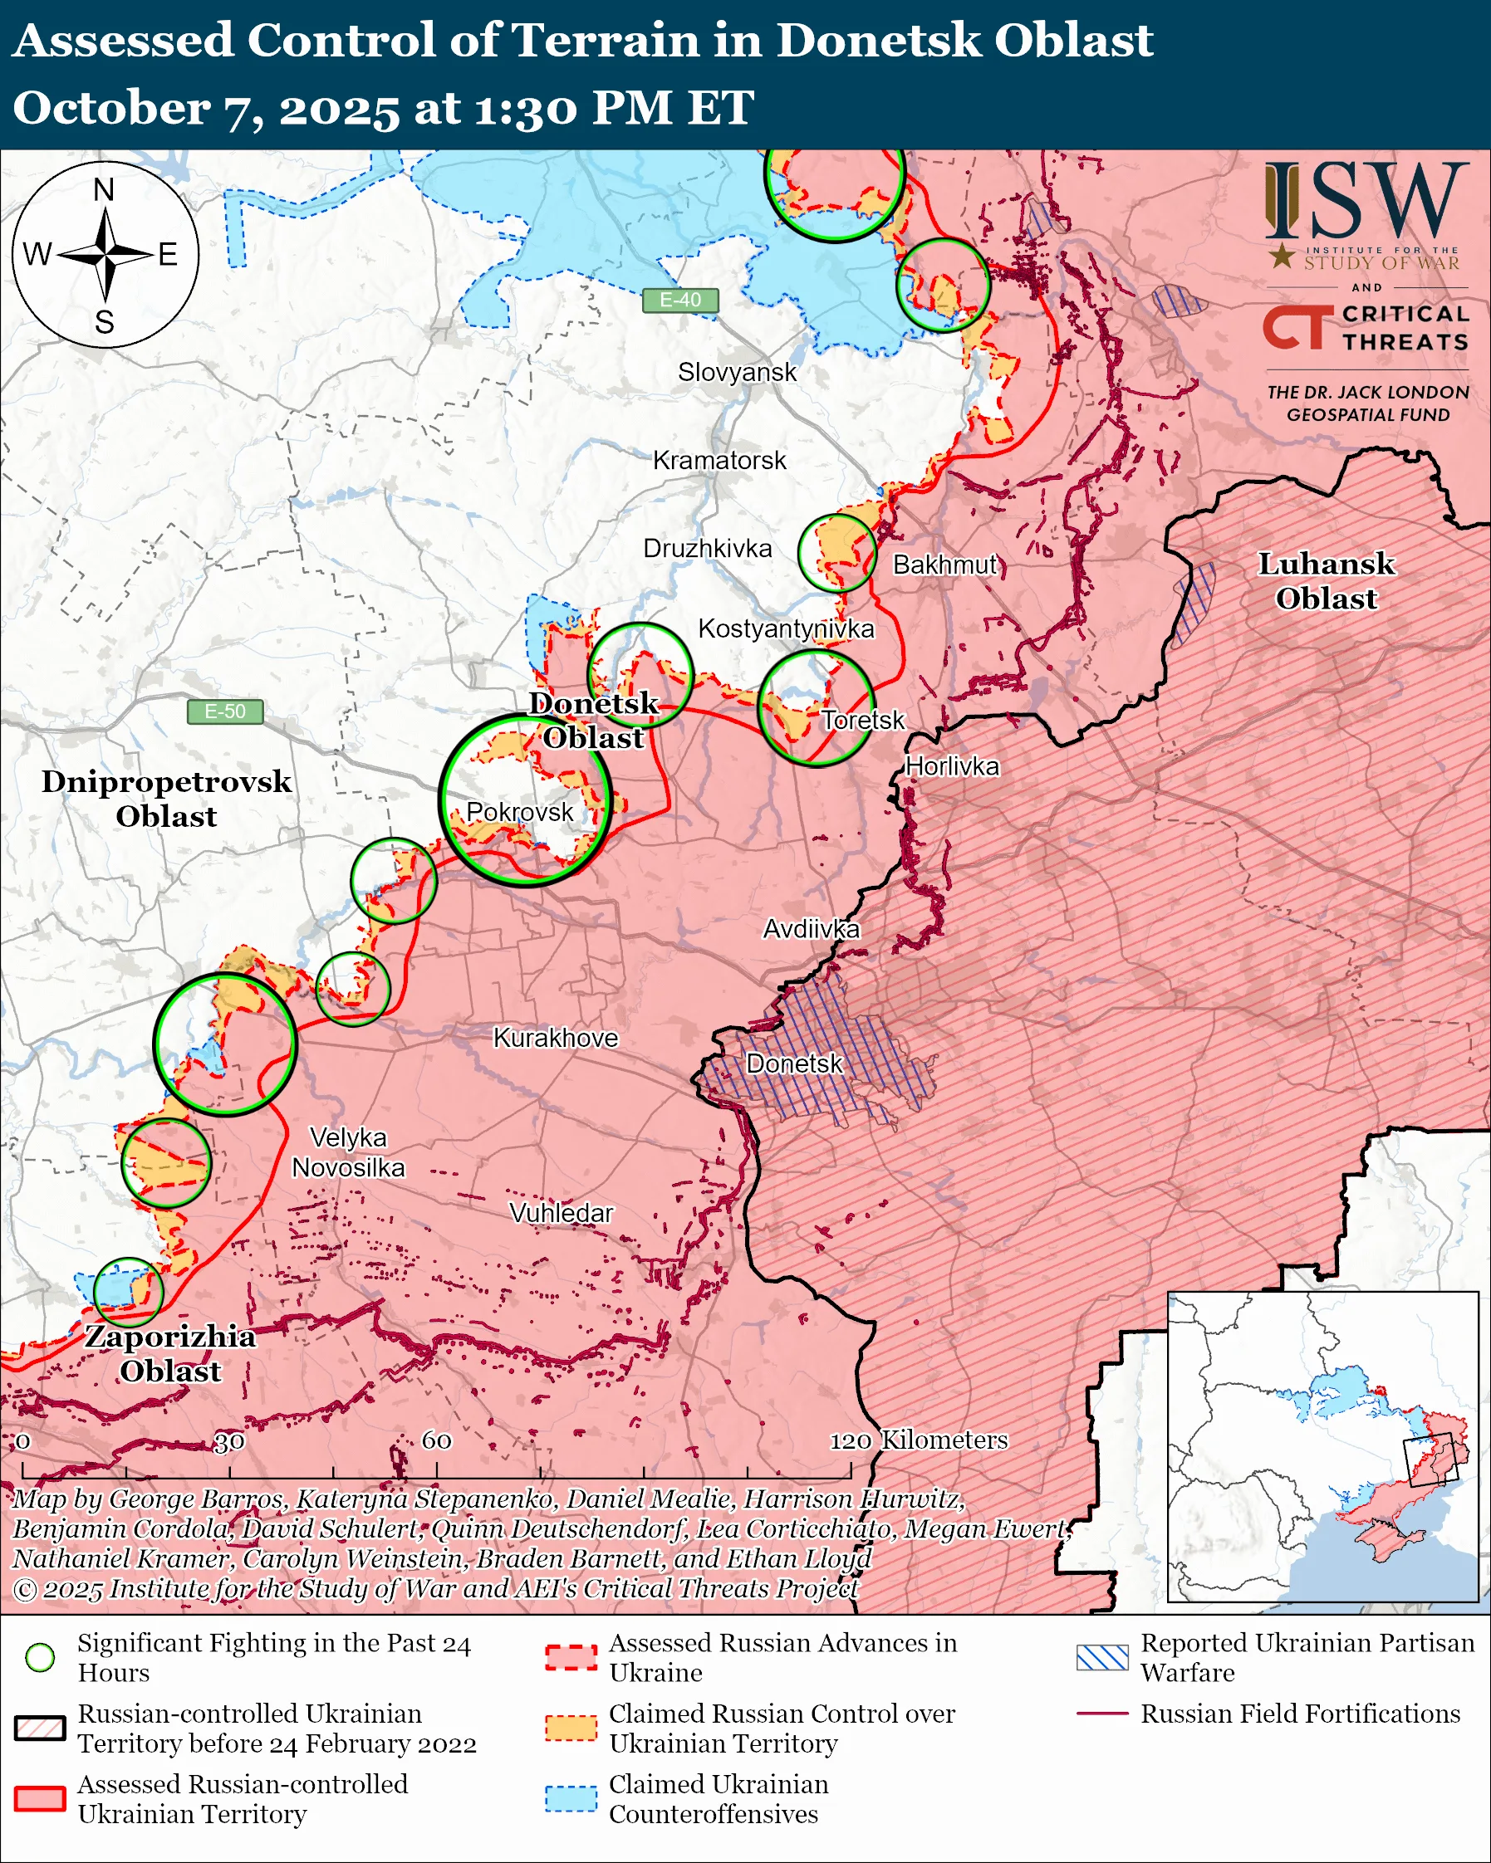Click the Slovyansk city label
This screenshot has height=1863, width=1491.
tap(737, 373)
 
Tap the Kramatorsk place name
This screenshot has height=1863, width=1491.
tap(719, 461)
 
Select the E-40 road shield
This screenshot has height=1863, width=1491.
tap(680, 300)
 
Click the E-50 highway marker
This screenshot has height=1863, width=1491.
tap(225, 711)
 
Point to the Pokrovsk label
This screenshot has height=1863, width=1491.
tap(519, 811)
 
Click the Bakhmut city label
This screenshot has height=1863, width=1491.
tap(944, 565)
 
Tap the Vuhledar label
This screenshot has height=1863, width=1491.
tap(561, 1212)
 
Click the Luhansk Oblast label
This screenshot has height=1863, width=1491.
tap(1326, 580)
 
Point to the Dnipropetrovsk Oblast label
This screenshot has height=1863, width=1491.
tap(166, 799)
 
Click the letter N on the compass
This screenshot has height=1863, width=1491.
tap(104, 189)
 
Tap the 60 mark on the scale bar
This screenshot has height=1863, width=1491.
tap(436, 1440)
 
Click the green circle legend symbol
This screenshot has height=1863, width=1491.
tap(40, 1656)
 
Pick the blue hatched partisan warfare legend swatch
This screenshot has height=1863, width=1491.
tap(1102, 1656)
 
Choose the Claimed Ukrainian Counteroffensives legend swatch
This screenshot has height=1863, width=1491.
tap(571, 1798)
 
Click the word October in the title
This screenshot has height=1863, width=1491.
tap(110, 109)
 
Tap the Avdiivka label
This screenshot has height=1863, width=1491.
tap(811, 929)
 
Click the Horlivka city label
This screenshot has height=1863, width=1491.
tap(952, 766)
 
